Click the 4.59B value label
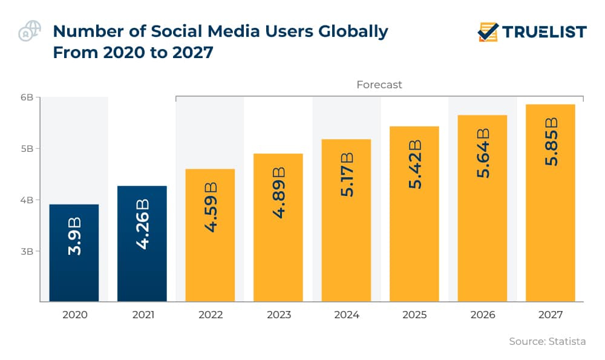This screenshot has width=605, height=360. click(x=210, y=206)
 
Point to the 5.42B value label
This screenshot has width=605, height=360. click(x=414, y=163)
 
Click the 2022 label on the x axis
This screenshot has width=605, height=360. click(x=210, y=315)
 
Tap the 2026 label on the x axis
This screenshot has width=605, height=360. click(x=482, y=315)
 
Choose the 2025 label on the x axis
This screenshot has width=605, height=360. click(x=414, y=315)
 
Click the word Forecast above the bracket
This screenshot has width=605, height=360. click(x=379, y=85)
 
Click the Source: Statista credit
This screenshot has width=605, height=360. click(x=547, y=341)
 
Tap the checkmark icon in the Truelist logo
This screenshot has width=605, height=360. click(x=488, y=31)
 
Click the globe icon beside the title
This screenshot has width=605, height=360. click(x=29, y=31)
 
